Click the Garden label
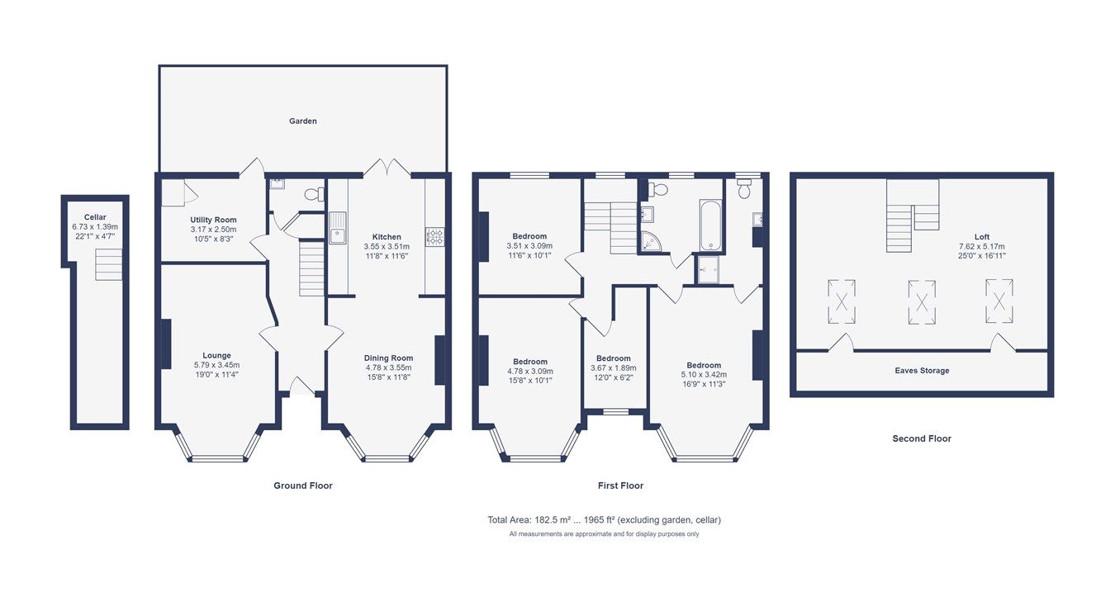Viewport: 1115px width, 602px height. (302, 121)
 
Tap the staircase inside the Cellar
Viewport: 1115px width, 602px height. (108, 265)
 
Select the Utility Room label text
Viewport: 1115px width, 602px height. (214, 220)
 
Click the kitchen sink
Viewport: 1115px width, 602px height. (337, 228)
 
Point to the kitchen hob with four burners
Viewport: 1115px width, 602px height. (434, 237)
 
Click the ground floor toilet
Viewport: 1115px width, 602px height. (314, 194)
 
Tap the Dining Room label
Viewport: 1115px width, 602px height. (388, 358)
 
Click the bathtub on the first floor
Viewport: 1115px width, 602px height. (710, 225)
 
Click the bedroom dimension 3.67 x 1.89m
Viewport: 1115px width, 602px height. (614, 368)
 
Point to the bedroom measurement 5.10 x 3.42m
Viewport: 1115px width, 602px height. (703, 375)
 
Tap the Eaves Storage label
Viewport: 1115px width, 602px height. (922, 371)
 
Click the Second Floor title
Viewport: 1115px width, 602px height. (922, 438)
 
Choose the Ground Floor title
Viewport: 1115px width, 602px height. (303, 486)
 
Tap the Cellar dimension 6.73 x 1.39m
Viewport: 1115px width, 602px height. (95, 227)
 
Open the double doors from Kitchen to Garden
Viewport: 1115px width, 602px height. (388, 168)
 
